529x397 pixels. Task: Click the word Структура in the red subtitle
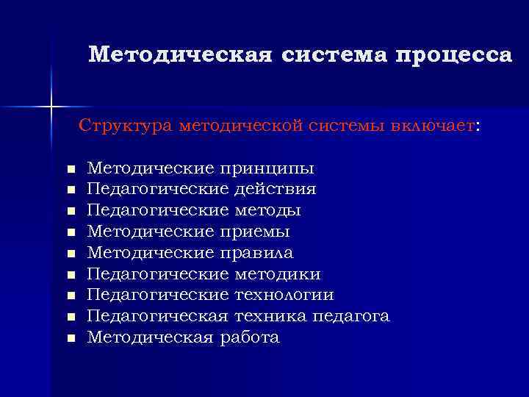[x=125, y=125]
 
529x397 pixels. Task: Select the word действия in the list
[x=276, y=190]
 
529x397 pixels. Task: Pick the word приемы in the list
[x=254, y=232]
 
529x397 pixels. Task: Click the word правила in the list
[x=256, y=254]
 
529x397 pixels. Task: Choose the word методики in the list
[x=277, y=274]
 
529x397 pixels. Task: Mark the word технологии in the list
[x=284, y=296]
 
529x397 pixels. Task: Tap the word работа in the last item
[x=248, y=337]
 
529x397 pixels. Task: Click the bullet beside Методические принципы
[x=71, y=170]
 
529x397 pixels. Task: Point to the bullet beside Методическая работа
[x=71, y=339]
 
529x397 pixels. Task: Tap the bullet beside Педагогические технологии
[x=71, y=296]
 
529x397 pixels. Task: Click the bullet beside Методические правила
[x=71, y=254]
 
